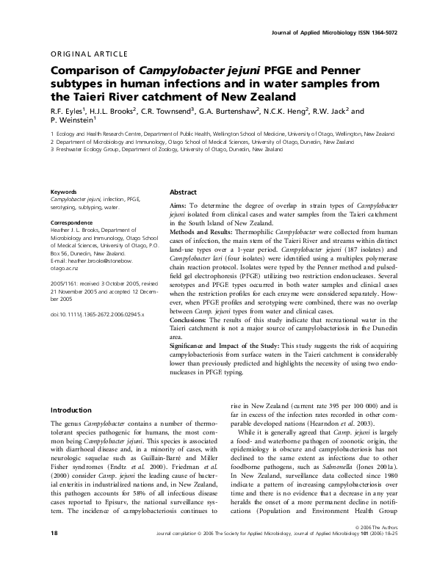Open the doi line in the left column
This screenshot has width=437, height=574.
coord(97,313)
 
